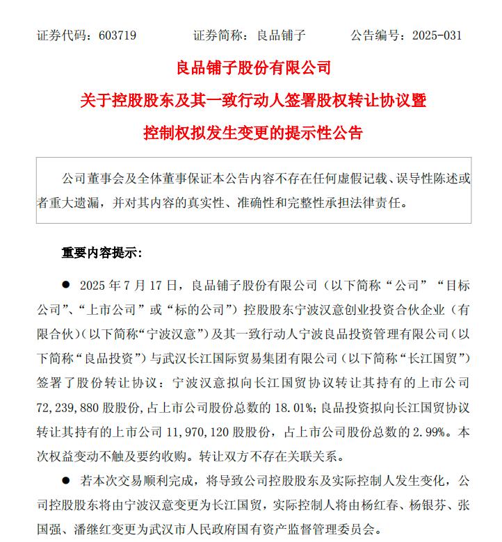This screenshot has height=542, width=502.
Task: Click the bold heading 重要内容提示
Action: (x=102, y=252)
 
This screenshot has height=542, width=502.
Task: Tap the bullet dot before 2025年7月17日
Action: (x=66, y=285)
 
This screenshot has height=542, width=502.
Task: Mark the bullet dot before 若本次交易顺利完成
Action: (x=66, y=480)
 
